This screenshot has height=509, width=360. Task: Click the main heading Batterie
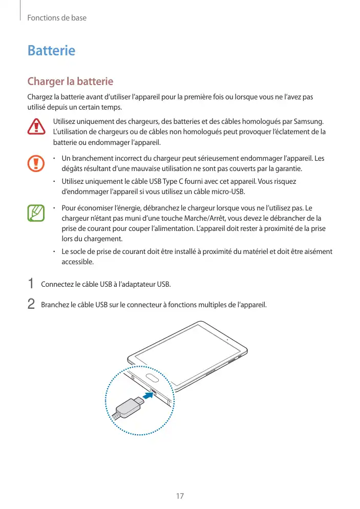coord(51,51)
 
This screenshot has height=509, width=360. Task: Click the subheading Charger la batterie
coord(70,81)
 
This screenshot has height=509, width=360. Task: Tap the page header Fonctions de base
coord(57,18)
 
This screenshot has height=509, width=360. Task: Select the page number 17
coord(180,496)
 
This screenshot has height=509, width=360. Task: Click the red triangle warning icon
coord(36,126)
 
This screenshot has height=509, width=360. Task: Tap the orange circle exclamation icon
coord(36,163)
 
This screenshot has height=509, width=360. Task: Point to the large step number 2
coord(31,304)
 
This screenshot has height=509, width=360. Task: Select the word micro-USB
coord(224,192)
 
